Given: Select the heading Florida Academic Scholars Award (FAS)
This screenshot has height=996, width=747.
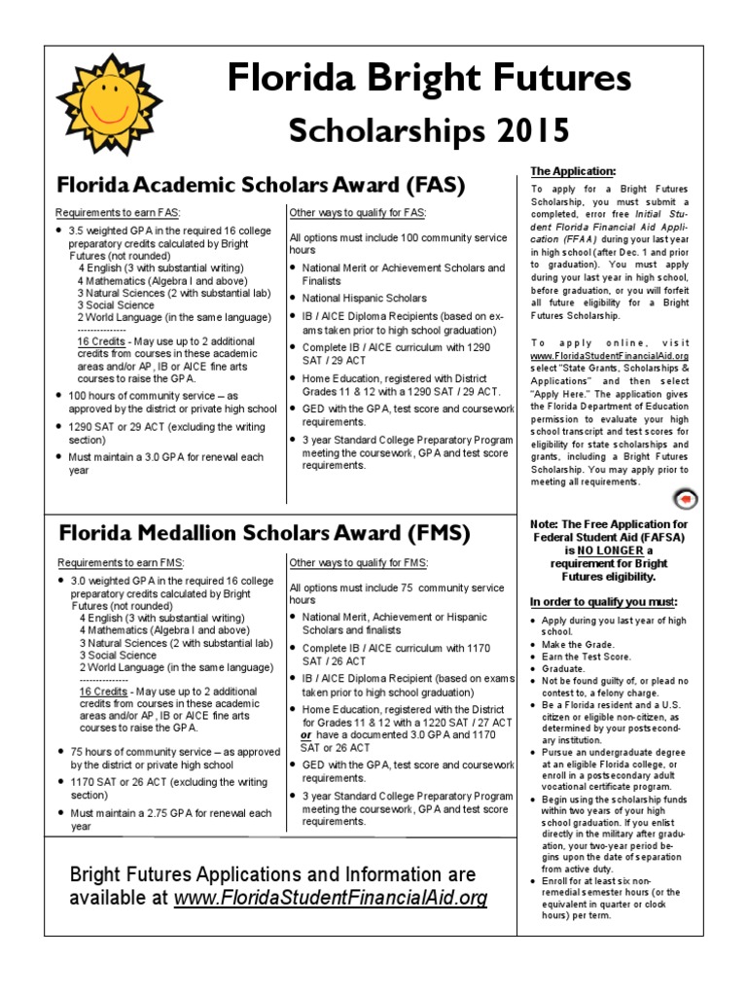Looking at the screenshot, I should pos(262,184).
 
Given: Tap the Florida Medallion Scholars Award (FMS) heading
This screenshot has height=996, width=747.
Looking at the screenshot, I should pos(264,533).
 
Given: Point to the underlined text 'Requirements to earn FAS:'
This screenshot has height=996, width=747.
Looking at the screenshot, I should pos(118,212).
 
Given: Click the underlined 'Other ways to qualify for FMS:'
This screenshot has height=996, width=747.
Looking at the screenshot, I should pos(359,562).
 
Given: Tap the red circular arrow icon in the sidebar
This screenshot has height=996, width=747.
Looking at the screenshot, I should pos(685,500).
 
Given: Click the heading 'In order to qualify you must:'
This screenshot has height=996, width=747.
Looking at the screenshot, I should pos(603,601).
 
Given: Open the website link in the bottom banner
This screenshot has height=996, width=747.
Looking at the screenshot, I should pos(330,898).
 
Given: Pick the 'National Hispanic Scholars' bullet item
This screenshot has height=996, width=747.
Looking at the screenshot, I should pos(364,298).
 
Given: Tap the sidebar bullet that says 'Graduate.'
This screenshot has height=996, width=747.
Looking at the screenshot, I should pos(565,669).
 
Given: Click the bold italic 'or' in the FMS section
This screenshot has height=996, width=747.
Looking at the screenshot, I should pos(307,735).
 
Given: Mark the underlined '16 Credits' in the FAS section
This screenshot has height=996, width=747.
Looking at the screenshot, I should pos(102,343).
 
